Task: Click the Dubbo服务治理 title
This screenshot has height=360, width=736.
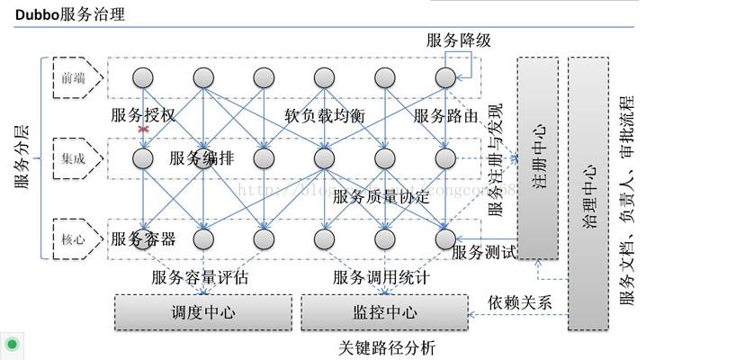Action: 70,14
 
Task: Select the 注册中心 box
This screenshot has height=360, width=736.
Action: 537,157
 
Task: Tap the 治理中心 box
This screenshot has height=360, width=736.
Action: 588,193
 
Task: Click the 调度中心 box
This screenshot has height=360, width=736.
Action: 203,312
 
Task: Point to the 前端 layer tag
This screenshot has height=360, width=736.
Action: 74,78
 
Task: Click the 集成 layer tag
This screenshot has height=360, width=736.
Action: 74,158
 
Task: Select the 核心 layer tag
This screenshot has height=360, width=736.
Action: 74,239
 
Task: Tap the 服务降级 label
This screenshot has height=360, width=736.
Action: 458,40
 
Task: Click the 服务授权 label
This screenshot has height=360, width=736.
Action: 143,115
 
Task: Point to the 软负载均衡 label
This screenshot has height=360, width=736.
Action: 324,115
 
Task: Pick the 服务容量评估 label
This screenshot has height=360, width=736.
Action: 200,277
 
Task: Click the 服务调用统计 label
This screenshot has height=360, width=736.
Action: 381,277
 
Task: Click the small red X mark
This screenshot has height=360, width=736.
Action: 142,130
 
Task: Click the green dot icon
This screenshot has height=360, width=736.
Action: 13,345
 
